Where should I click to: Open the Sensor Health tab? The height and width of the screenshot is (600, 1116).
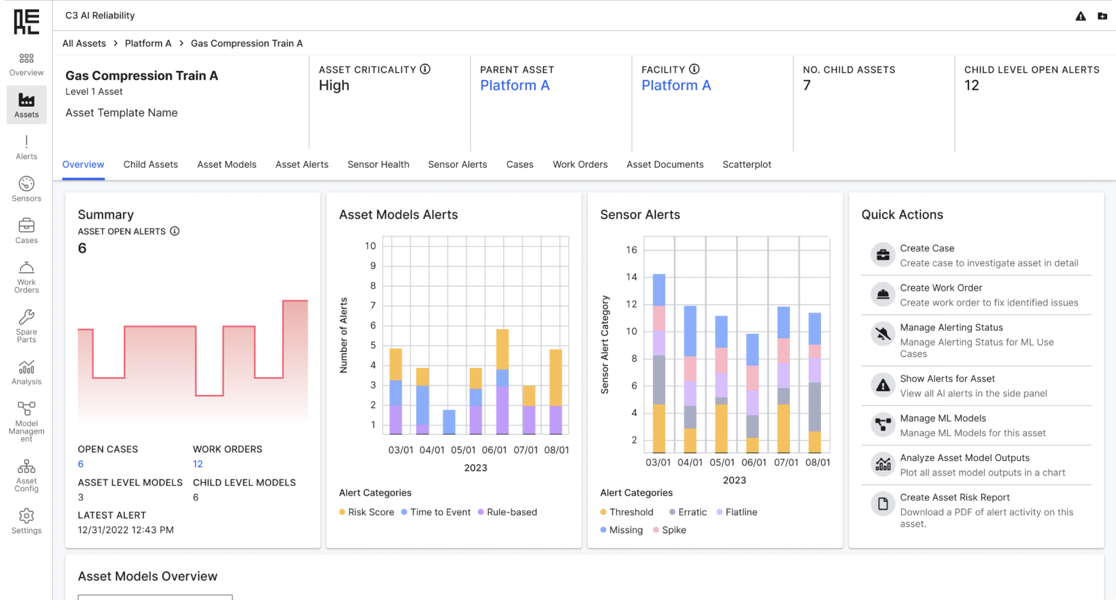pyautogui.click(x=378, y=164)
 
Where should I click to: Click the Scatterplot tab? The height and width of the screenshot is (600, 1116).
pyautogui.click(x=746, y=164)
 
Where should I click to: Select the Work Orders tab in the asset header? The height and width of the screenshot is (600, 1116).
pyautogui.click(x=580, y=164)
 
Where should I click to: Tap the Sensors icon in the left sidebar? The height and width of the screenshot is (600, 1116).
pyautogui.click(x=26, y=184)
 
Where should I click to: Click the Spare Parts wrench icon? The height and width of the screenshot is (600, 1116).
pyautogui.click(x=26, y=317)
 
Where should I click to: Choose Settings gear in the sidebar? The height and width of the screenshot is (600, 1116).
pyautogui.click(x=26, y=516)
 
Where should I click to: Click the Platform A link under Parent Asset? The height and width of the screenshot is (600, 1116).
pyautogui.click(x=514, y=85)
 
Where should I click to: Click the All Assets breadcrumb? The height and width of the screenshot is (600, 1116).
pyautogui.click(x=84, y=43)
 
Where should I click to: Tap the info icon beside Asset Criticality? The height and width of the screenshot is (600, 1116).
pyautogui.click(x=425, y=69)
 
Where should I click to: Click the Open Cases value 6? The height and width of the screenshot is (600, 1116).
pyautogui.click(x=81, y=464)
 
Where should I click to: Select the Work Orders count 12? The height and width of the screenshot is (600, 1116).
pyautogui.click(x=198, y=464)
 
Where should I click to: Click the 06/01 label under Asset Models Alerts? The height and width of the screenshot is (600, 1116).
pyautogui.click(x=494, y=450)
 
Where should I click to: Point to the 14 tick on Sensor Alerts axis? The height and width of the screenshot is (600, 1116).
pyautogui.click(x=631, y=277)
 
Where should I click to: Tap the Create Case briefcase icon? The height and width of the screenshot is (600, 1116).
pyautogui.click(x=883, y=254)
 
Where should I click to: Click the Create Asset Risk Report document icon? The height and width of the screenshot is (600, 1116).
pyautogui.click(x=883, y=504)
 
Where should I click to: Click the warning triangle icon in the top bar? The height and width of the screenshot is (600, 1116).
pyautogui.click(x=1081, y=16)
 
